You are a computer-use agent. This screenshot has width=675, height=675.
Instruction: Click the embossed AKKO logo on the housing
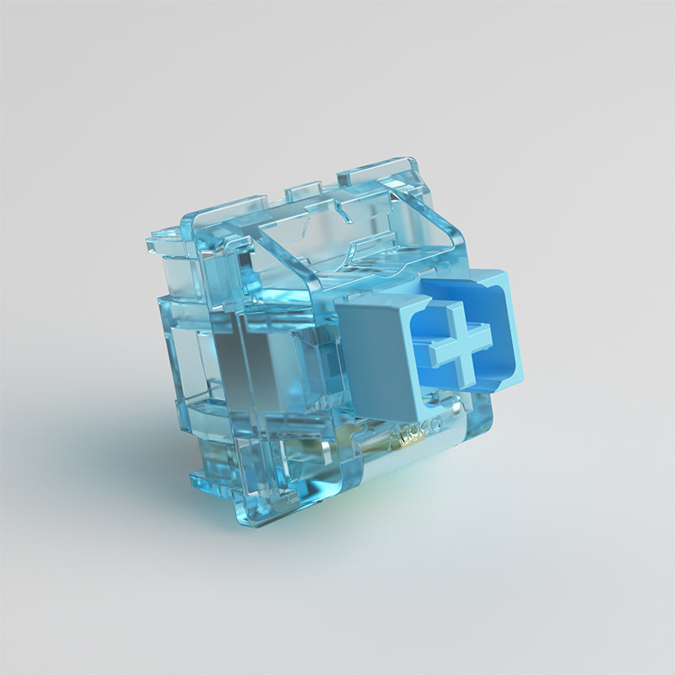pos(413,438)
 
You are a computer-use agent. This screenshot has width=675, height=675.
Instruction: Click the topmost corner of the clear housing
pos(411,160)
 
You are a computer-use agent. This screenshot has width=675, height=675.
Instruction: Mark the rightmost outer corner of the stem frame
pos(522,371)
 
